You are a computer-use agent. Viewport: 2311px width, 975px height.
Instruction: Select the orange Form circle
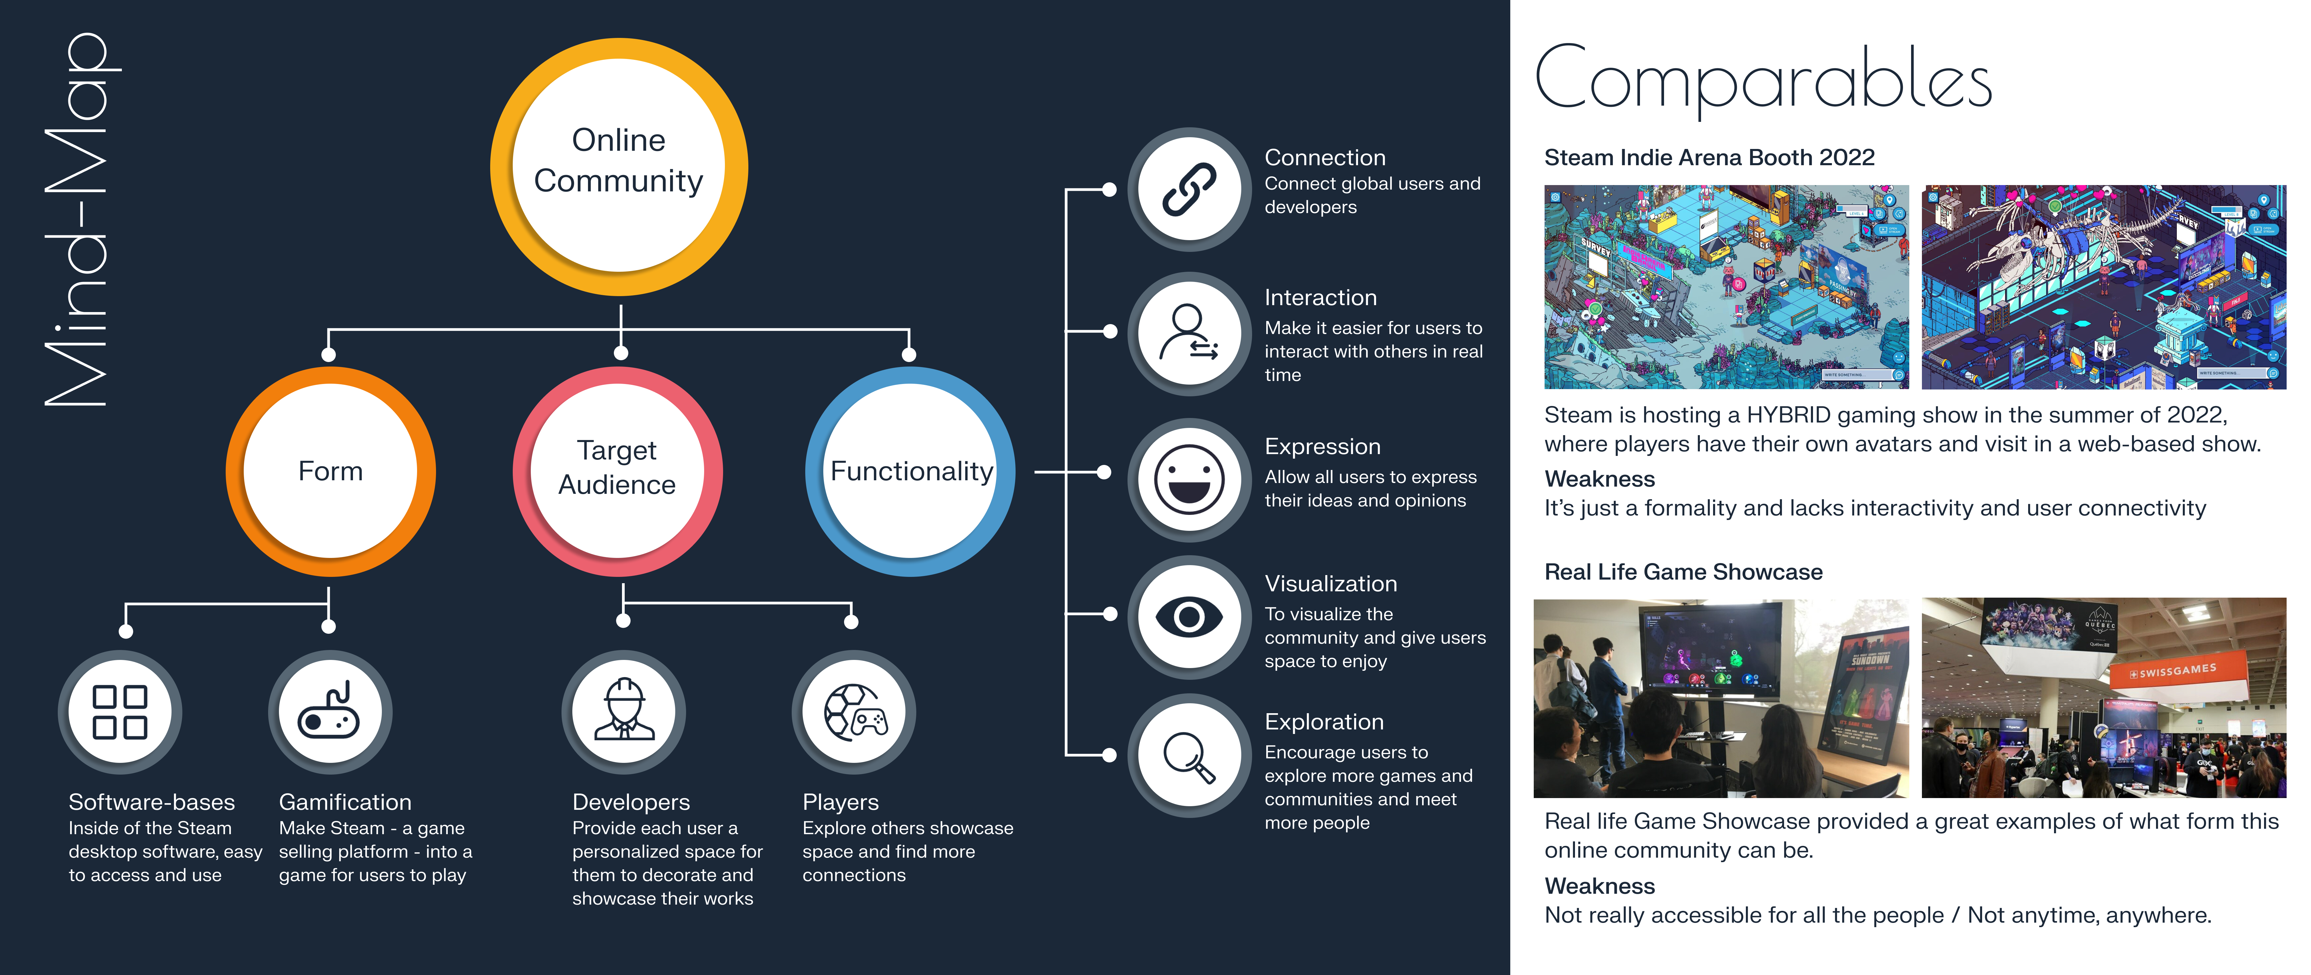click(330, 471)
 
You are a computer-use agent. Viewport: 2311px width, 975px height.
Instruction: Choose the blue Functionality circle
click(911, 471)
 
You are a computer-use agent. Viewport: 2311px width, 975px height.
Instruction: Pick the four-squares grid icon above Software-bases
click(120, 712)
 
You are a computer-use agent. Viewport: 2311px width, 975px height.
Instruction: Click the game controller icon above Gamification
click(330, 712)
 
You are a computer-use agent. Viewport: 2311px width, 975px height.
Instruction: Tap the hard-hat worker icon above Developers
click(623, 712)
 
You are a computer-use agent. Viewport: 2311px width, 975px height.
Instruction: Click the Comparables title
click(1763, 79)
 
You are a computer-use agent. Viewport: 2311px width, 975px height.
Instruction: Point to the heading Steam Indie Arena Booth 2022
click(1709, 158)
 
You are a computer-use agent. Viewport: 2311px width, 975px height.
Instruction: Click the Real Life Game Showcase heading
click(1683, 572)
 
